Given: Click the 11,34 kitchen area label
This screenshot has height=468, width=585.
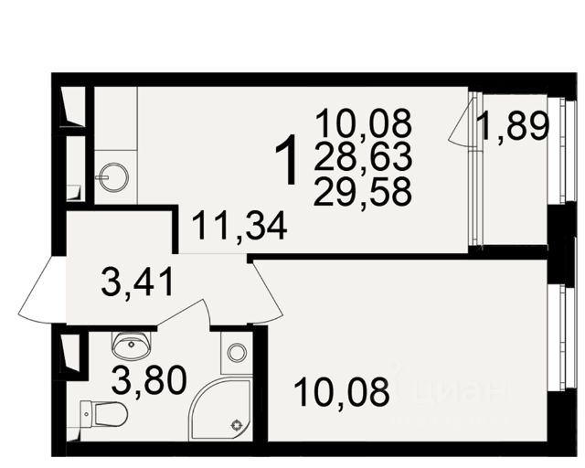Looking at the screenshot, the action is point(239,226).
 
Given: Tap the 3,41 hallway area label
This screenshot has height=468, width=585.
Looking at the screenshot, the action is point(137,282).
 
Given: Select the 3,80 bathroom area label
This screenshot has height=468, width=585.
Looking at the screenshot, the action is point(149,380).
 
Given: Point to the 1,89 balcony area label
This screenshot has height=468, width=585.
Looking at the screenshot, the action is point(515,126).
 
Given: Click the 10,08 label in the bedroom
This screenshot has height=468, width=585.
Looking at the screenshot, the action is point(341,392).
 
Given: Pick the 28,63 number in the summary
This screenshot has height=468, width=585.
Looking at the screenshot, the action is point(363,156).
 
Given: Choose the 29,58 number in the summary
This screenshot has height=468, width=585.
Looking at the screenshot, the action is point(363,192).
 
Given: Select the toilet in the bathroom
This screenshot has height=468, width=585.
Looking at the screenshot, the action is point(103,413).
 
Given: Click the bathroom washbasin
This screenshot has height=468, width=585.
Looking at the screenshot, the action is point(132,346).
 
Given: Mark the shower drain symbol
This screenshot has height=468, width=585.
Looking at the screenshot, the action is point(237,425).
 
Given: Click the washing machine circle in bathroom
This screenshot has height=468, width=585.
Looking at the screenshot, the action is point(237,352).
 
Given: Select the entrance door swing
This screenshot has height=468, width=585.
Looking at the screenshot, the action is point(42,290).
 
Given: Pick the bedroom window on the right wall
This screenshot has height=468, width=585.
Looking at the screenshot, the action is point(566,338).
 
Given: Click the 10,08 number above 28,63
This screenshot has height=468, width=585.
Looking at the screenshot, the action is point(364,123).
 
